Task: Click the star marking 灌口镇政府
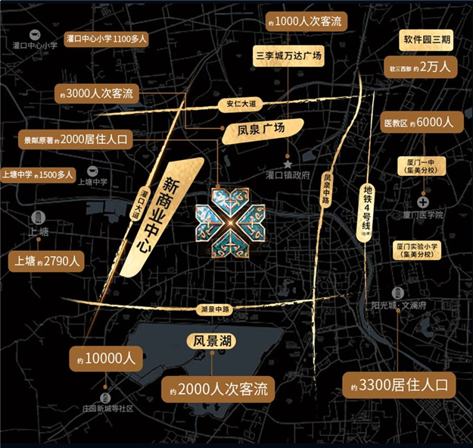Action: pos(288,163)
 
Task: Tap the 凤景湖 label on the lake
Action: pos(212,342)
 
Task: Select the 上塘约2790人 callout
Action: pos(45,262)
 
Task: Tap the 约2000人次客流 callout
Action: pos(217,389)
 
